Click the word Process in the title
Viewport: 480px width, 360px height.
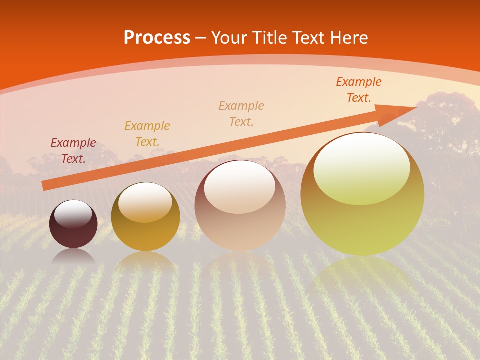pos(157,38)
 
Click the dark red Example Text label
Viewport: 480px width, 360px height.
pos(73,151)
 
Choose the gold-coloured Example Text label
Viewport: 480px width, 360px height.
pos(147,134)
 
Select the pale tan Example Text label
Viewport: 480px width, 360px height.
pos(241,114)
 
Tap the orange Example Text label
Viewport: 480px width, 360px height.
pos(359,90)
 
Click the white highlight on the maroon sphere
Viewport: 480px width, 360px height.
pos(73,214)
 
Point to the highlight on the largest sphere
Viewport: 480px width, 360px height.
pos(361,168)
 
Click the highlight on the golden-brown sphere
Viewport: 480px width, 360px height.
pos(145,202)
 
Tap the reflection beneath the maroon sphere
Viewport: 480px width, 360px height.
pos(73,257)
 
